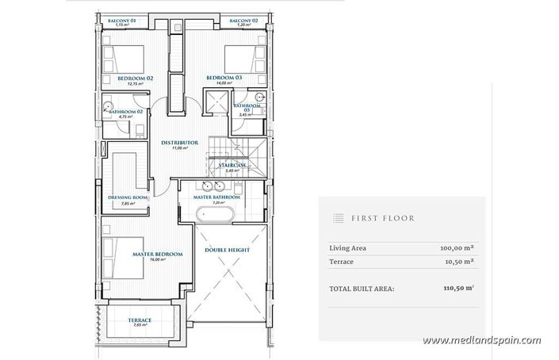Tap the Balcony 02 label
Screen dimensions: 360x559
[x=243, y=20]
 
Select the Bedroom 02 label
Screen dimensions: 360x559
[x=136, y=79]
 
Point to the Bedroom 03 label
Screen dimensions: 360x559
[x=224, y=78]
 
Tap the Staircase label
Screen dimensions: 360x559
[x=231, y=165]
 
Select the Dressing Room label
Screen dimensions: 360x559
[x=128, y=198]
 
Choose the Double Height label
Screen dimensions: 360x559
[x=228, y=251]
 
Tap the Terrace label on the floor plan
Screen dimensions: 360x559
[x=140, y=320]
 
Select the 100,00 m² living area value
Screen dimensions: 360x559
[x=457, y=248]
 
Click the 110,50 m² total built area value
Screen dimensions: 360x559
[x=457, y=289]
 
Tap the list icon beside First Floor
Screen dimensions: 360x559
[x=337, y=217]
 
